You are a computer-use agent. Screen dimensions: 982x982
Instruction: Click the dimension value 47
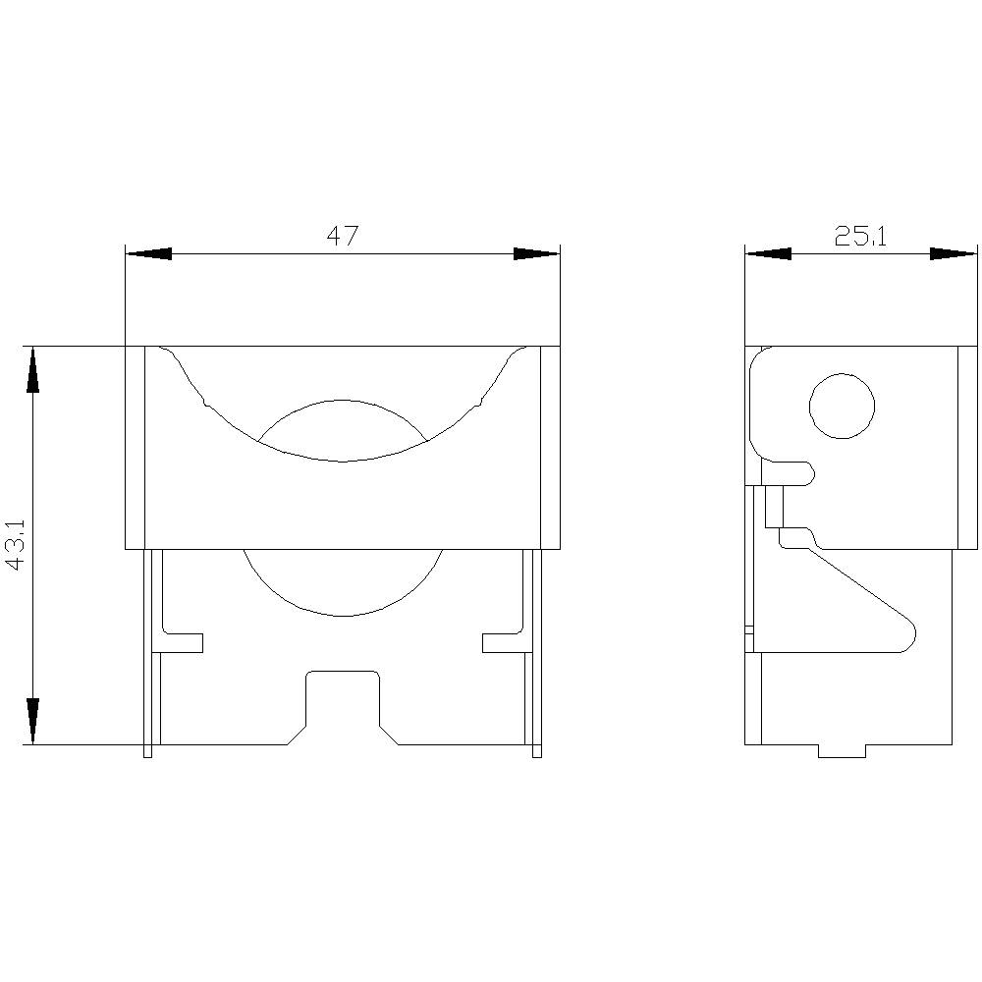click(342, 237)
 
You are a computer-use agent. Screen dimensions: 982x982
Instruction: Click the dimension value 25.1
click(860, 237)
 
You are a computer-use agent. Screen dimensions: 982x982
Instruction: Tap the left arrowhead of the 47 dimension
click(148, 254)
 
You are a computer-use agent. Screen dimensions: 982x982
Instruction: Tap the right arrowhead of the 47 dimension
click(536, 254)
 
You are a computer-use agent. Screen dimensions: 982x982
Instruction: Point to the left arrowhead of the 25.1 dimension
click(768, 254)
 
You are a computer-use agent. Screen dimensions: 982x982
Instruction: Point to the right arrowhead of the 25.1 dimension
click(953, 254)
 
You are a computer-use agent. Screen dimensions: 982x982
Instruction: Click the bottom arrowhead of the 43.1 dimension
click(32, 721)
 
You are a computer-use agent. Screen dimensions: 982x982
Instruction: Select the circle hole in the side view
click(842, 406)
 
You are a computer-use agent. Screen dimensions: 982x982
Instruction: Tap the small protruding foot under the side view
click(842, 751)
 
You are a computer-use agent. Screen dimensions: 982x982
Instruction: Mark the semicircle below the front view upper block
click(342, 584)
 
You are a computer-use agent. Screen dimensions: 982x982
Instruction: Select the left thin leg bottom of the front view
click(147, 751)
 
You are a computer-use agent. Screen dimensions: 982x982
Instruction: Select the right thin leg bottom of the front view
click(536, 751)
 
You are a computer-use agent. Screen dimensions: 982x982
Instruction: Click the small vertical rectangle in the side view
click(775, 506)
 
